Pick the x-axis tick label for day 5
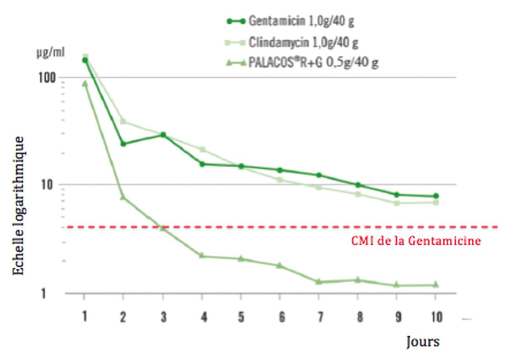coord(241,317)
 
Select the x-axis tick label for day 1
coord(84,317)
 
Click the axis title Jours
coord(422,341)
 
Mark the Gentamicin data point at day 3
coord(163,135)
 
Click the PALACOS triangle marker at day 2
coord(123,197)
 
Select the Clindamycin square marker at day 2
coord(123,122)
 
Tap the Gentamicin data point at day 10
coord(436,196)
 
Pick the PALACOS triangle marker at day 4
coord(202,256)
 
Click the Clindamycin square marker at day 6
coord(280,180)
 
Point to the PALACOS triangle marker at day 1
coord(85,83)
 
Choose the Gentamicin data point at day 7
coord(319,175)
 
